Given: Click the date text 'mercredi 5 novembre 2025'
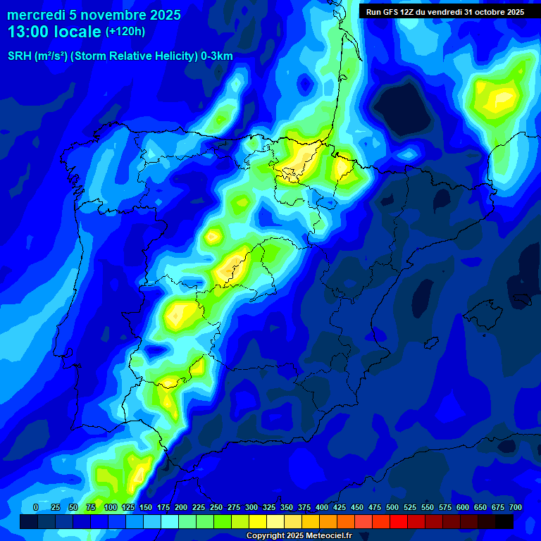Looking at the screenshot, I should tap(94, 15).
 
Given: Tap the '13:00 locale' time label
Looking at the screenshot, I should tap(54, 32).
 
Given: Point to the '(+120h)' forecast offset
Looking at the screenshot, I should tap(125, 32).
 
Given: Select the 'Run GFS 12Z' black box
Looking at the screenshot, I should tap(444, 12).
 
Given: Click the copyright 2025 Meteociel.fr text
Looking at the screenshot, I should tap(299, 535).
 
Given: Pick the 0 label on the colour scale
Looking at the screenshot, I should tap(36, 507).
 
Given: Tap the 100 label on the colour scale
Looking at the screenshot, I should tap(111, 507).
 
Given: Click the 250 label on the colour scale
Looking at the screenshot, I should tap(216, 507).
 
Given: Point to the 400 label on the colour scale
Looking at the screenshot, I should tap(322, 507).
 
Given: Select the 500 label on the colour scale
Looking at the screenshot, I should tap(392, 507).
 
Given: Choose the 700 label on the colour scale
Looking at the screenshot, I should tap(515, 507).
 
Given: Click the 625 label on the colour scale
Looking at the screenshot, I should tap(480, 507).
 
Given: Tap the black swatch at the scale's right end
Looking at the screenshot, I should tap(504, 521).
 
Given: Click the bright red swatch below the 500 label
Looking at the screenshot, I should tap(399, 521).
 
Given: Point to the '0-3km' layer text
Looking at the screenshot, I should tap(217, 56).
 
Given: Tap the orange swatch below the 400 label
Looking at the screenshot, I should tap(328, 521).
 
